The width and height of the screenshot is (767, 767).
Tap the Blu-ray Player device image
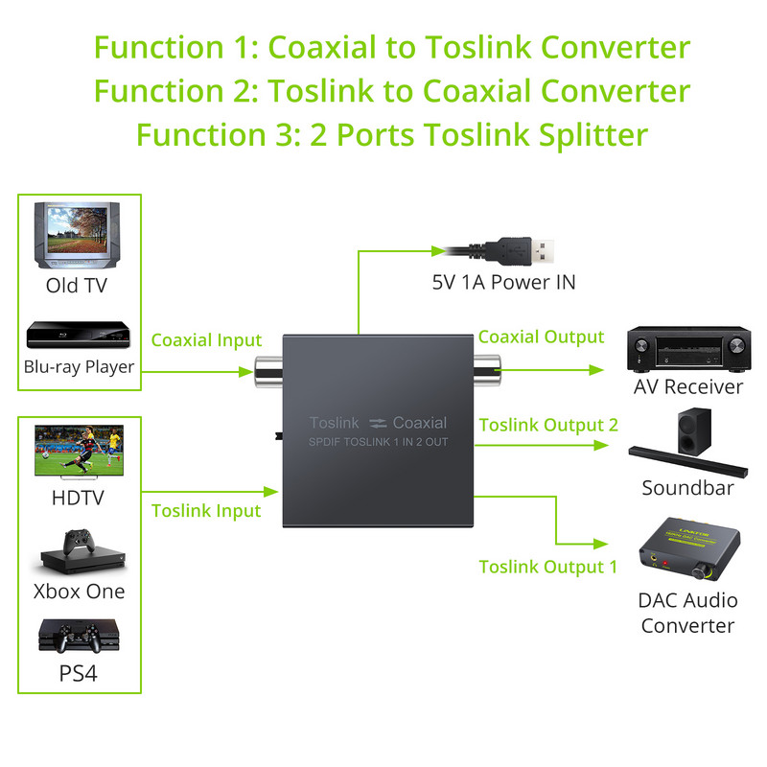[x=79, y=337]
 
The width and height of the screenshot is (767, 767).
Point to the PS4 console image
[x=79, y=638]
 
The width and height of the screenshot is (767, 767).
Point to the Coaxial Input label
[x=206, y=340]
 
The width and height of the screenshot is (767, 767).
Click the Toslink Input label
[x=206, y=511]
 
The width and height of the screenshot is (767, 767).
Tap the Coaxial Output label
[x=541, y=337]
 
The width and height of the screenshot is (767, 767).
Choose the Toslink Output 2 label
[x=548, y=425]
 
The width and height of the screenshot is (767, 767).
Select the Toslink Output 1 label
[x=548, y=567]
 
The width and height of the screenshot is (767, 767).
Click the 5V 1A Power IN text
[x=503, y=283]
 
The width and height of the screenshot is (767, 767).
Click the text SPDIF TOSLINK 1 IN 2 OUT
[x=379, y=441]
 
